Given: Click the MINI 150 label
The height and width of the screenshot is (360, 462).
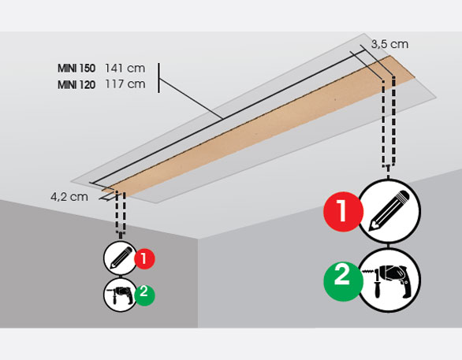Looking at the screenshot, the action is (76, 69).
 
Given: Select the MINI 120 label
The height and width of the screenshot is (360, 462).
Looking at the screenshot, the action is (76, 85).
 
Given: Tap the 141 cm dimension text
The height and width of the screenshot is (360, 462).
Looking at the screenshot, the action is (125, 69).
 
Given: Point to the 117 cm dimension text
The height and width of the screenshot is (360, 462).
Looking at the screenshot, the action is (125, 84).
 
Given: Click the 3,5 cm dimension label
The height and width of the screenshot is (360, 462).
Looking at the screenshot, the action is (389, 44).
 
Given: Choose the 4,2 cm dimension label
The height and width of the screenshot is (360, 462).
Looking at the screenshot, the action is (69, 197).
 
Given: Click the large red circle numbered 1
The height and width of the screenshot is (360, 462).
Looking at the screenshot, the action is (343, 212).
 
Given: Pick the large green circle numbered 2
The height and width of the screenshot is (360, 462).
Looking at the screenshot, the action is (343, 281).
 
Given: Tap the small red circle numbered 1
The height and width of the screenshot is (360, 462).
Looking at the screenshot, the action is (144, 258).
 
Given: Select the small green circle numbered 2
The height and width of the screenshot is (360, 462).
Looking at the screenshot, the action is (144, 295).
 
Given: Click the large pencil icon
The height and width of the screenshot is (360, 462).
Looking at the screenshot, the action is (389, 211).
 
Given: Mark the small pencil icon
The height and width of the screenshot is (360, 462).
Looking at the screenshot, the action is (120, 258).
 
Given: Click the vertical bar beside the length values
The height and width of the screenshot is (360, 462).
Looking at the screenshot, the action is (159, 78).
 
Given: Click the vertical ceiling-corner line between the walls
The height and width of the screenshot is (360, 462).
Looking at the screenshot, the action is (198, 283).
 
